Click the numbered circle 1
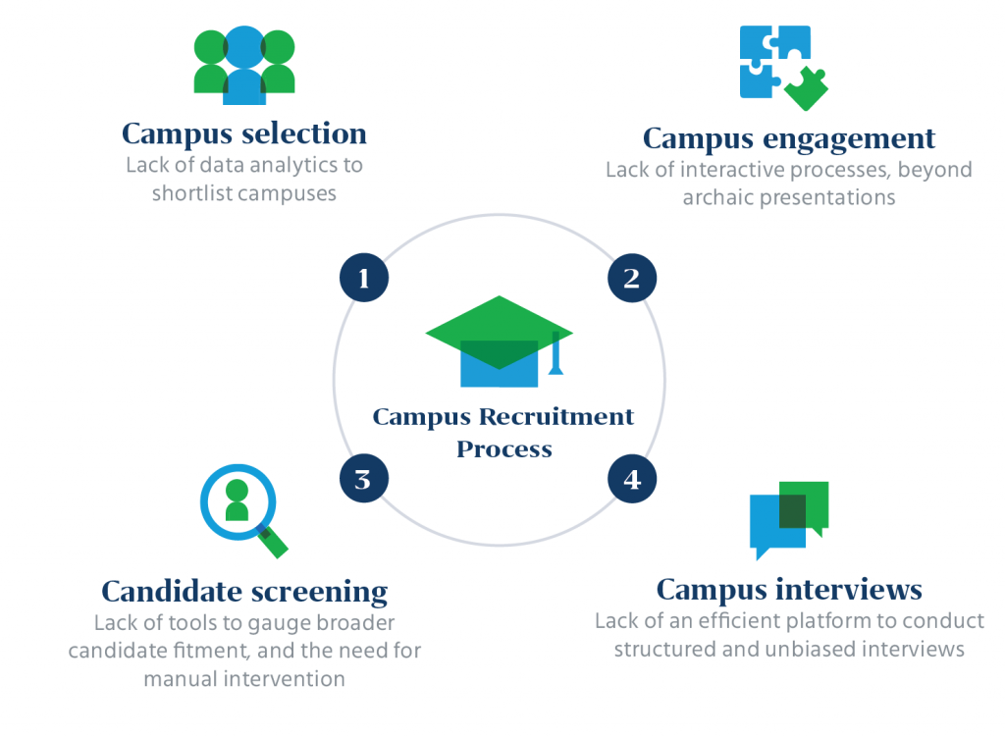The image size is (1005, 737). click(364, 279)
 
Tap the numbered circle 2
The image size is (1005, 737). click(632, 279)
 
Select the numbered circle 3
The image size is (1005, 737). click(364, 479)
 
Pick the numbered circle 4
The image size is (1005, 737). click(632, 479)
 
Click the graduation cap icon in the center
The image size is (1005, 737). click(500, 341)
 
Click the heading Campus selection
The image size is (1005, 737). click(244, 133)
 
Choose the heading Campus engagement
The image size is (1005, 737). click(789, 138)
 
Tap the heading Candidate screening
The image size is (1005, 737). click(244, 592)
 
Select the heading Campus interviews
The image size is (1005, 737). click(789, 589)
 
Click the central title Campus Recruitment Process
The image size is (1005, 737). click(502, 433)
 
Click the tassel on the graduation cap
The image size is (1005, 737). click(556, 355)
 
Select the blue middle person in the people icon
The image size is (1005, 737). click(244, 67)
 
